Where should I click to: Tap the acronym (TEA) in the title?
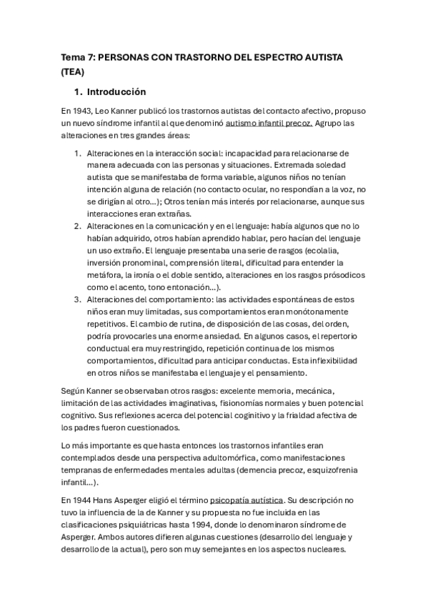tap(72, 71)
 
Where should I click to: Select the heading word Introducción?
tap(116, 92)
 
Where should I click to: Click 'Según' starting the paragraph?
tap(74, 391)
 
